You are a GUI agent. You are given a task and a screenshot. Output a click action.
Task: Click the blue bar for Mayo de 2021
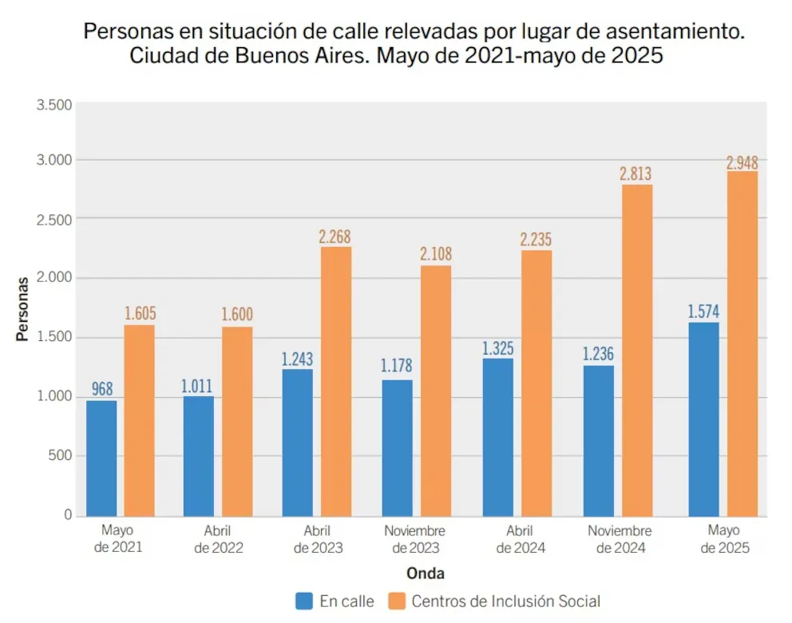(x=101, y=458)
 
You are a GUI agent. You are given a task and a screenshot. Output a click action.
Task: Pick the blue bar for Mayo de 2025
(x=703, y=419)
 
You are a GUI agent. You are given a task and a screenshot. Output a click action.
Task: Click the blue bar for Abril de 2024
(x=497, y=437)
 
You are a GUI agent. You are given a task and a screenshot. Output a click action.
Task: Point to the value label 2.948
(x=742, y=163)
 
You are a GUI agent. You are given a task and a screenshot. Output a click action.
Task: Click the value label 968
(x=102, y=389)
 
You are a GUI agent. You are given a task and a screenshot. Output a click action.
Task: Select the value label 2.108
(x=435, y=255)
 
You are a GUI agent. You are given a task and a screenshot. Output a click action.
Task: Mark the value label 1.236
(x=598, y=354)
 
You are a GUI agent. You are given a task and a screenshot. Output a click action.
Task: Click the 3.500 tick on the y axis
(x=54, y=105)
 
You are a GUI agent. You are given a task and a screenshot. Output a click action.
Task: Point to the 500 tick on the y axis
(x=60, y=455)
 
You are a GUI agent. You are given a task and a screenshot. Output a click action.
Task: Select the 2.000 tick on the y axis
(x=54, y=277)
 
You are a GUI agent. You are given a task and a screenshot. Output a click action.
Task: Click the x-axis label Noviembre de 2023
(x=414, y=540)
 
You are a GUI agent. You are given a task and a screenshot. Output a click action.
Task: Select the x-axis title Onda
(x=425, y=573)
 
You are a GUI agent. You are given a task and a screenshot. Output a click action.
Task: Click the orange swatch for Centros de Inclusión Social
(x=397, y=601)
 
